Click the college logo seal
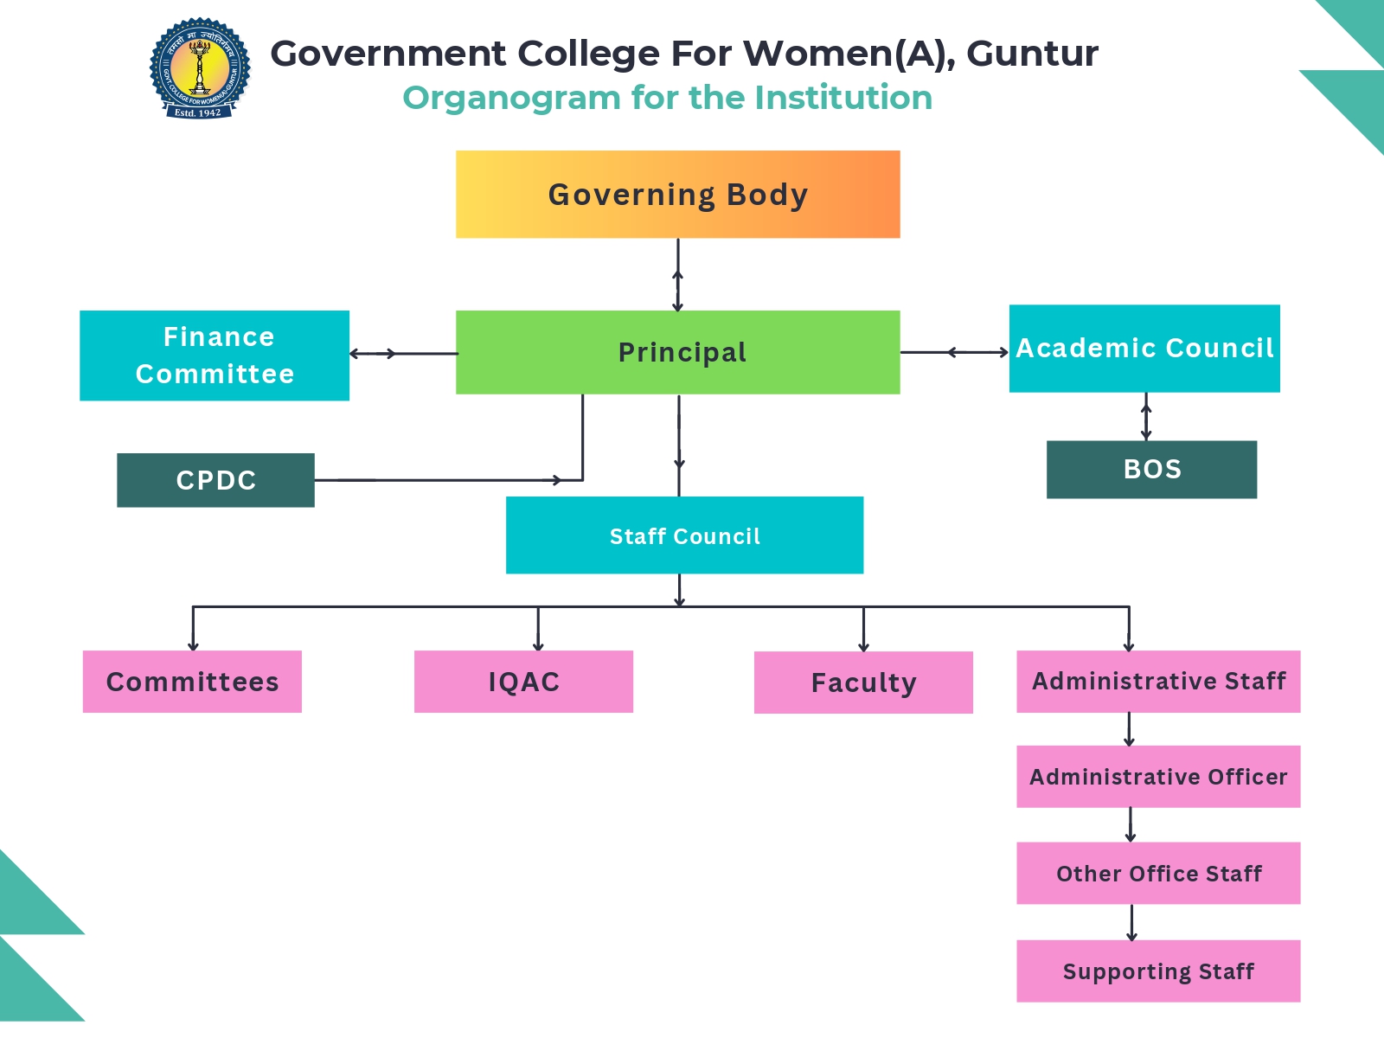click(x=200, y=68)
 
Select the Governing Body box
click(x=677, y=195)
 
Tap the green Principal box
click(x=677, y=352)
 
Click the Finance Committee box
click(x=215, y=356)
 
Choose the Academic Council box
click(x=1144, y=349)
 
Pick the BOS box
click(x=1151, y=470)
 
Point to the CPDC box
click(x=215, y=480)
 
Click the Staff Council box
click(x=684, y=535)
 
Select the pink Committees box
click(x=192, y=682)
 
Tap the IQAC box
click(x=523, y=682)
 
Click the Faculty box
click(x=863, y=682)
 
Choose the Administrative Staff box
click(x=1158, y=682)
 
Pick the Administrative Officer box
click(x=1158, y=777)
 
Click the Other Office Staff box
click(x=1158, y=874)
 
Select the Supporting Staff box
click(x=1158, y=971)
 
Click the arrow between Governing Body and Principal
click(x=678, y=275)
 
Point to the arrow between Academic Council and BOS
click(x=1146, y=417)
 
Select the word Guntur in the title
click(x=1032, y=54)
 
